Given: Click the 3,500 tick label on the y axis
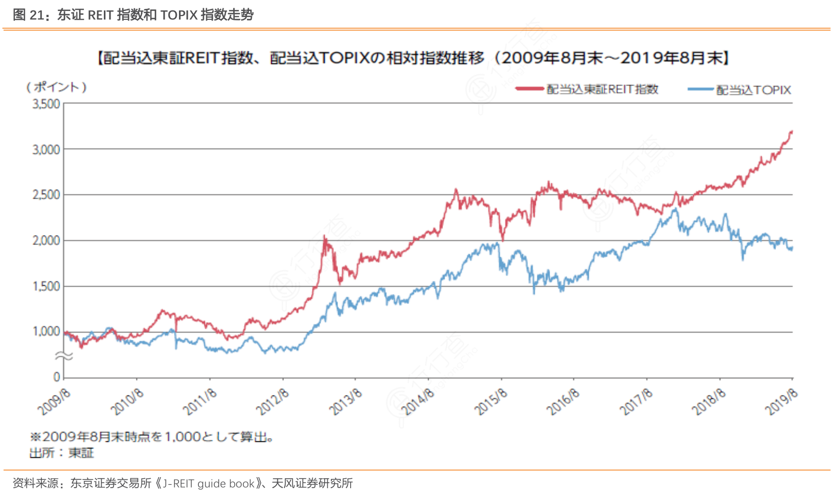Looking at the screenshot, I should pyautogui.click(x=46, y=104).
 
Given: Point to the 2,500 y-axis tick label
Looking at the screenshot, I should pyautogui.click(x=46, y=195).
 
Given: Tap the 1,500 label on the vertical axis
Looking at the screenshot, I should pyautogui.click(x=46, y=286).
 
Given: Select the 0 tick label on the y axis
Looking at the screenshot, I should pyautogui.click(x=56, y=377).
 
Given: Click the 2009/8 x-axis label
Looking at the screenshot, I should pyautogui.click(x=54, y=402).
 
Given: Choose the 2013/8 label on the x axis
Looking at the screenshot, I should pyautogui.click(x=346, y=402).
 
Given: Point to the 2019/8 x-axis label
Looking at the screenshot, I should pyautogui.click(x=782, y=402).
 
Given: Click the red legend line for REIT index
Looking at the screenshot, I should pyautogui.click(x=530, y=89).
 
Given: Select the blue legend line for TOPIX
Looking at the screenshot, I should pyautogui.click(x=700, y=89).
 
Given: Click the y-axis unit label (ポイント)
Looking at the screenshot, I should pyautogui.click(x=56, y=87).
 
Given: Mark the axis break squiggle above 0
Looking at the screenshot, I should pyautogui.click(x=64, y=357).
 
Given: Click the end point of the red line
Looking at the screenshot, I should pyautogui.click(x=792, y=131).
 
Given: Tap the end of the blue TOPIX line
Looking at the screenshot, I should pyautogui.click(x=792, y=248).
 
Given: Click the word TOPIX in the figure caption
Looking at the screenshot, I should pyautogui.click(x=178, y=15).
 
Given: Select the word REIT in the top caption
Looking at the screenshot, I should pyautogui.click(x=101, y=15).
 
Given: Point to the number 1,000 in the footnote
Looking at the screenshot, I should pyautogui.click(x=182, y=437).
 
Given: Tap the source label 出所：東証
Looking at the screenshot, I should pyautogui.click(x=62, y=453).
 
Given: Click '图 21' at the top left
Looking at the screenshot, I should pyautogui.click(x=28, y=15).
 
